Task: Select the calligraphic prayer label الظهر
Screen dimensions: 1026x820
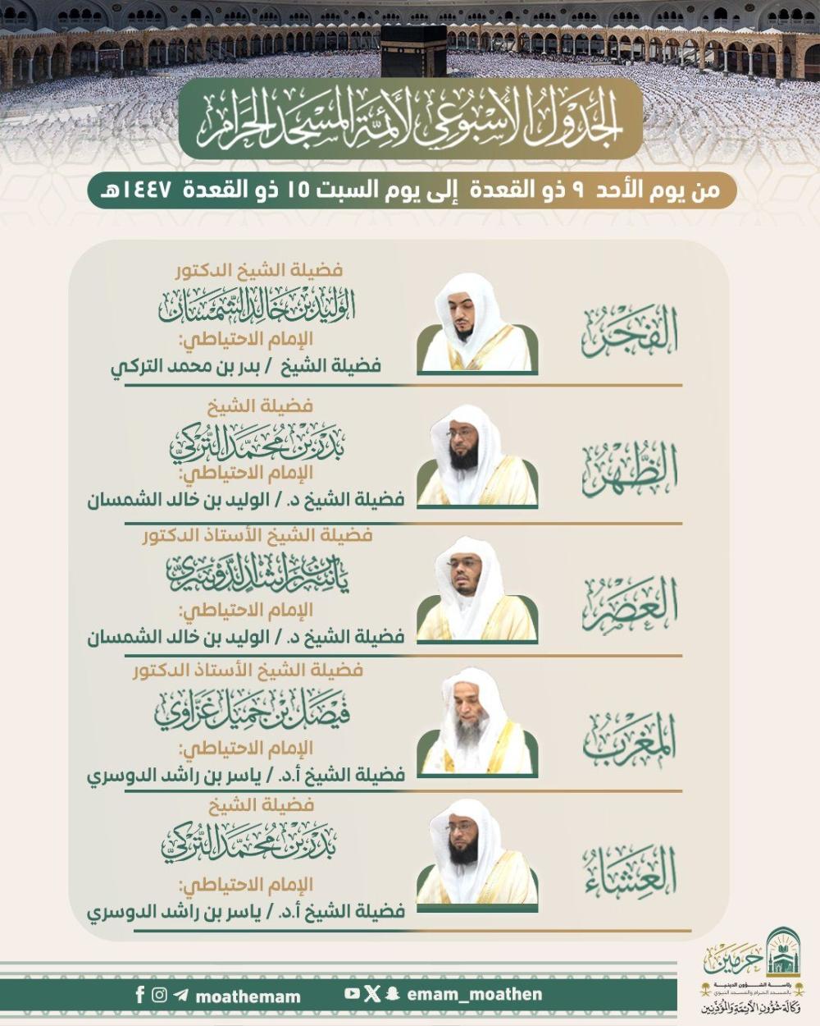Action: point(630,469)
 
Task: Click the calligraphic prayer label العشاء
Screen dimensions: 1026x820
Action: point(630,873)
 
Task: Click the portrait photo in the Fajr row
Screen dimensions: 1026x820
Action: point(477,325)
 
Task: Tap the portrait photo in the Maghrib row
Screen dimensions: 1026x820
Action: point(477,726)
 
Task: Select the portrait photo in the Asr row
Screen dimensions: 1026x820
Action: point(477,593)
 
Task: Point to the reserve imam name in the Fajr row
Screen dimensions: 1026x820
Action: point(246,367)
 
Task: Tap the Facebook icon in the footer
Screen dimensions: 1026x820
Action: point(140,995)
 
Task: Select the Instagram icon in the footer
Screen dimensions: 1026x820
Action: point(160,995)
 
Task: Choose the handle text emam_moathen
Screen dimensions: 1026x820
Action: point(474,994)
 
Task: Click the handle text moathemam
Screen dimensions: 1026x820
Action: point(248,996)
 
